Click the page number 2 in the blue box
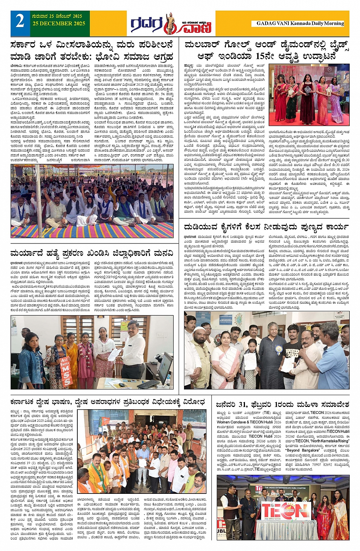pyautogui.click(x=20, y=21)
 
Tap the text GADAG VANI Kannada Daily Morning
pyautogui.click(x=300, y=23)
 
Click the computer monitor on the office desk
pyautogui.click(x=165, y=368)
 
